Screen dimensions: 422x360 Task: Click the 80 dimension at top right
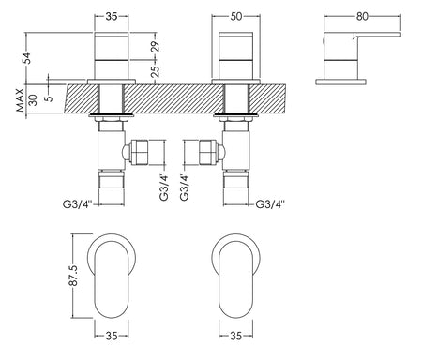tap(362, 16)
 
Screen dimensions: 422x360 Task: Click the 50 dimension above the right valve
tap(236, 16)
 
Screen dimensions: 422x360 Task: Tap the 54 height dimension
tap(28, 58)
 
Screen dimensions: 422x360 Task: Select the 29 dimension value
tap(156, 46)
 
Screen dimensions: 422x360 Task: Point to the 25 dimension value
tap(156, 71)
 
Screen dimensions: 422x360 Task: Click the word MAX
tap(20, 100)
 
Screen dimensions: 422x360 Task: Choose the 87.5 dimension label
tap(74, 276)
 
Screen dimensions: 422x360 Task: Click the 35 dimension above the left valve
tap(112, 16)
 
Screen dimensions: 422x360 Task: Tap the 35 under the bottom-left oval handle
tap(112, 336)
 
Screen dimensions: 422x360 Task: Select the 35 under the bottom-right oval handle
tap(235, 336)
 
